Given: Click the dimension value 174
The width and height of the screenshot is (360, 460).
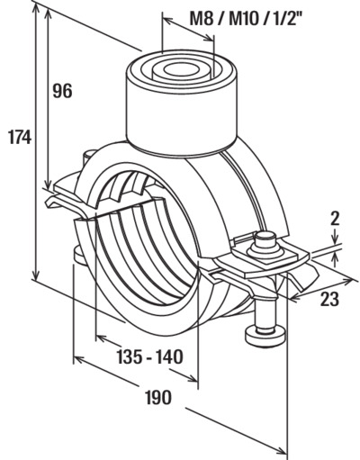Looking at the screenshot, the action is pos(20,138).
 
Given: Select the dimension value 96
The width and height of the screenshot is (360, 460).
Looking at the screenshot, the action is pos(63,91).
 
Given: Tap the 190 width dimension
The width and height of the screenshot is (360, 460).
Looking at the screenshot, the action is pos(158,397).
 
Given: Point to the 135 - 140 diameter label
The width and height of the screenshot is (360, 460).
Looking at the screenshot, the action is pos(149,356).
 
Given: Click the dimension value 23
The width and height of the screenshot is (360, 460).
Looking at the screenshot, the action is pos(329,299).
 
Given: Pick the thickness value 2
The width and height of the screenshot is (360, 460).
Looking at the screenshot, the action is pos(335,219).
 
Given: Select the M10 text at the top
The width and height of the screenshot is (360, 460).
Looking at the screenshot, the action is pos(243,20).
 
